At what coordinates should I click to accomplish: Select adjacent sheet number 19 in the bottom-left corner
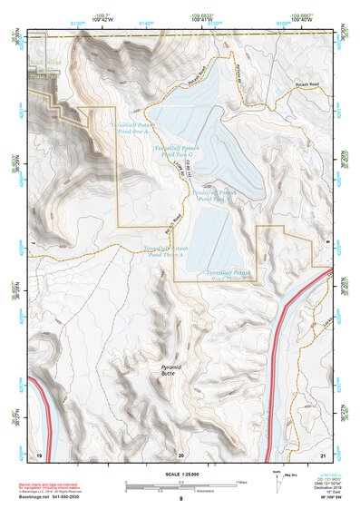click(x=39, y=453)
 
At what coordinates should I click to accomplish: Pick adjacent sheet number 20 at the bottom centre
click(x=180, y=453)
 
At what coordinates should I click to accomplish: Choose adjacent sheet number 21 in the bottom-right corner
click(x=322, y=453)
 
